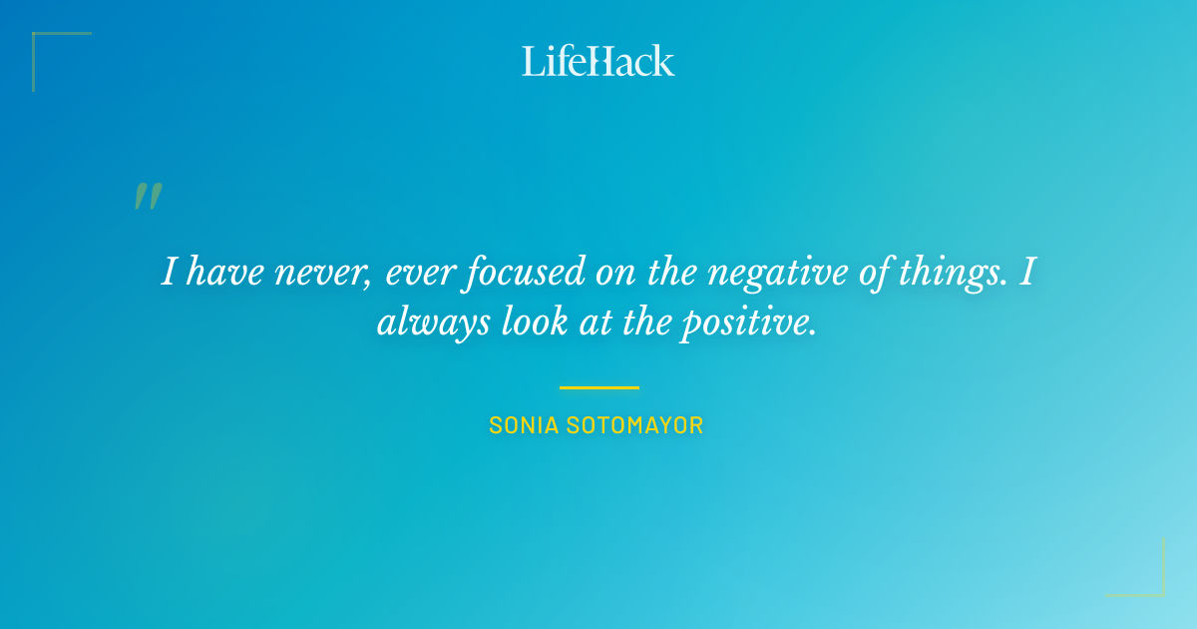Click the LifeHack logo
[x=598, y=61]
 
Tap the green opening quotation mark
[x=148, y=197]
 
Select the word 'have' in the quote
[x=219, y=273]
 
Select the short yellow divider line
[x=598, y=387]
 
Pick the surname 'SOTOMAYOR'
[x=635, y=425]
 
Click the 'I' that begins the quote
[x=169, y=273]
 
